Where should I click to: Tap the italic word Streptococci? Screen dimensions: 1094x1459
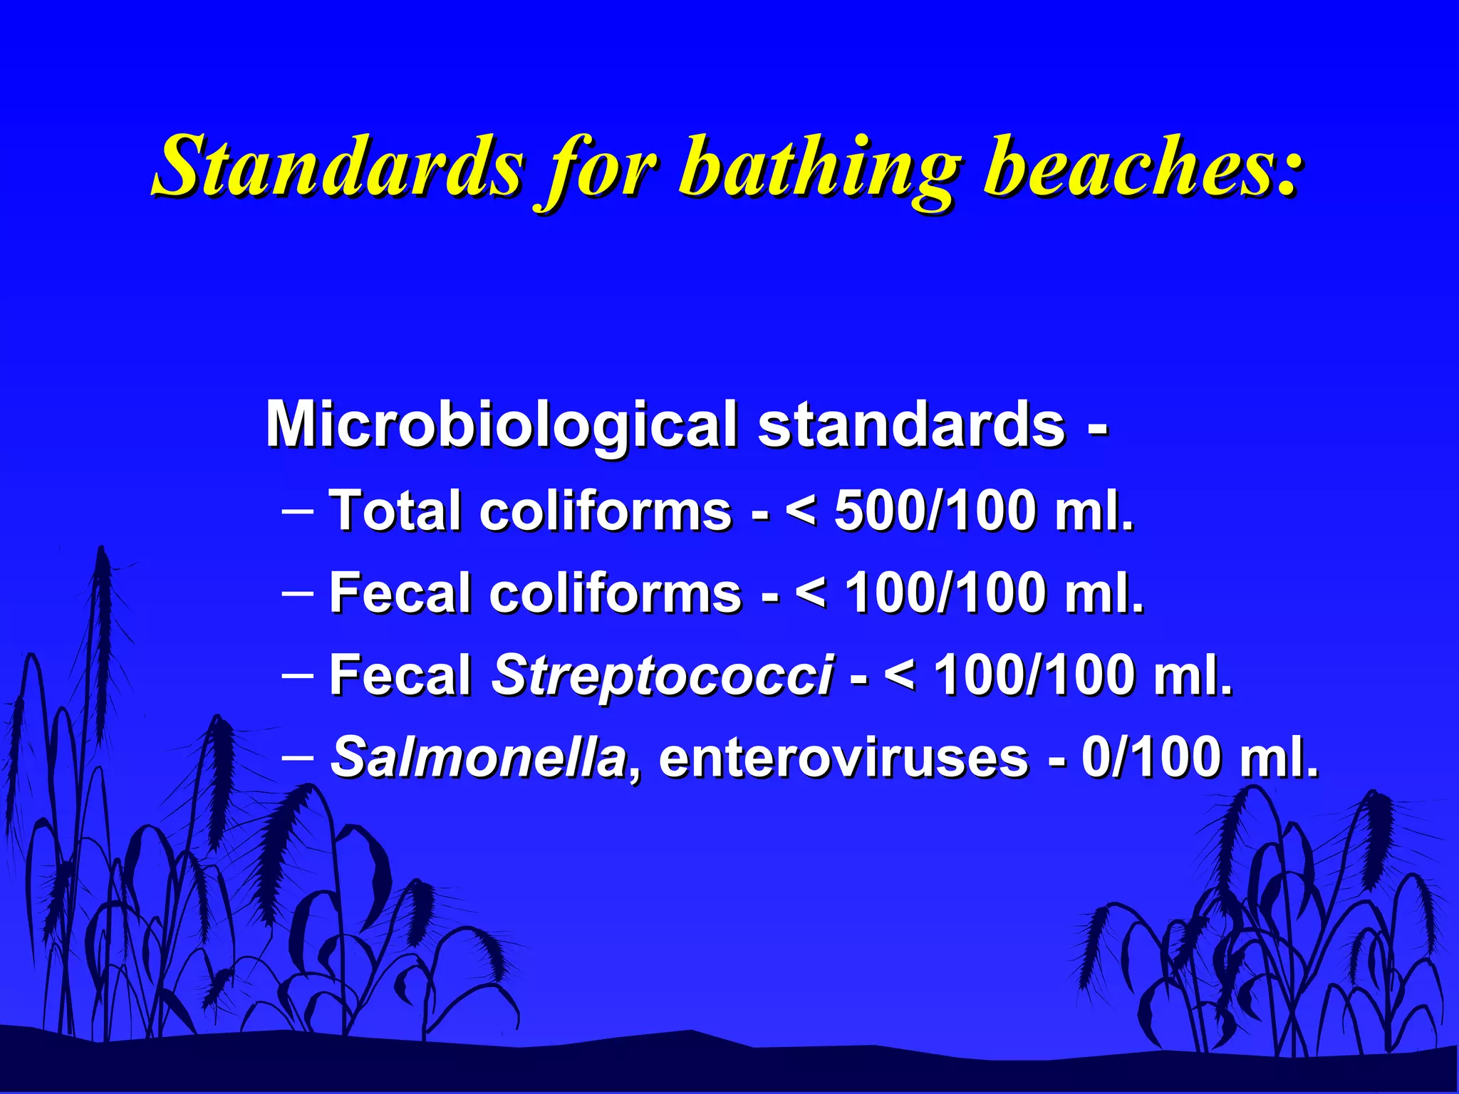click(x=662, y=676)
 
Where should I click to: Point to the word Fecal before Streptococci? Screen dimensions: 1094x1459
click(x=400, y=674)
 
